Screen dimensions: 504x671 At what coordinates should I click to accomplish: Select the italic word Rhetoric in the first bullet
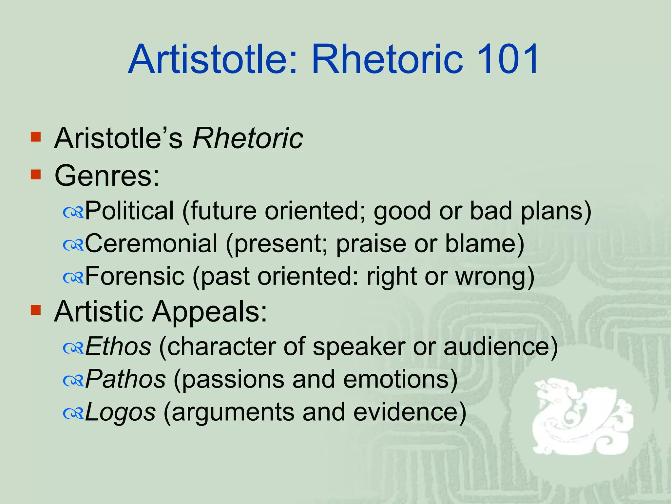248,138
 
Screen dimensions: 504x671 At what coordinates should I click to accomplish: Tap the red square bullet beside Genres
35,175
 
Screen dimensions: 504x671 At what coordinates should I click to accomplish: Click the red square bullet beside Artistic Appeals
35,310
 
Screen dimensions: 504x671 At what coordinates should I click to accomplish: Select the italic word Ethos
118,346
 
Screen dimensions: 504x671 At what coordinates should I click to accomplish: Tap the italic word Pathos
125,379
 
